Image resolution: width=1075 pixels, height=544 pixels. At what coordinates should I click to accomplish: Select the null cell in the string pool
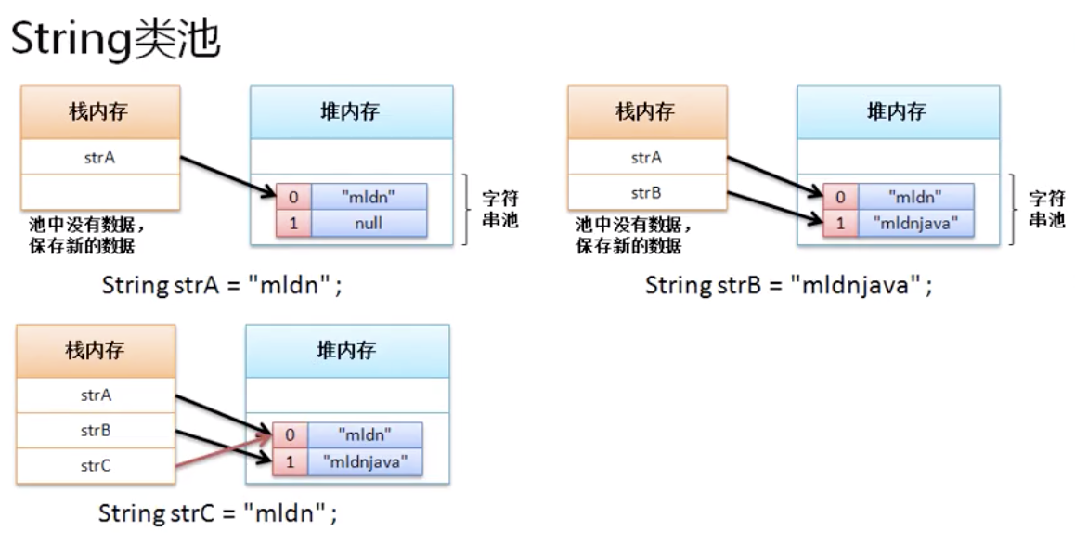[x=369, y=223]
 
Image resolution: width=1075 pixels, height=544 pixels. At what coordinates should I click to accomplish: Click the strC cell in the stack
[x=96, y=466]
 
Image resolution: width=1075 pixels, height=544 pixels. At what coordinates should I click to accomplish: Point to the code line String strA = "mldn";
[x=223, y=284]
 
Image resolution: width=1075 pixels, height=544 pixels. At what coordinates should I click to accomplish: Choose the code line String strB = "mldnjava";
[x=788, y=284]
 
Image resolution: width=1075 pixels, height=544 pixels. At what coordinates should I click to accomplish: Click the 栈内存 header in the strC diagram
[x=96, y=350]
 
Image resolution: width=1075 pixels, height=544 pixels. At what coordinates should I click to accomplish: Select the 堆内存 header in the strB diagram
[x=898, y=112]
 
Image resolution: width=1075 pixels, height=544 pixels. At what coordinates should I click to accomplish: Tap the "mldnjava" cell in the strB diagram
[x=916, y=223]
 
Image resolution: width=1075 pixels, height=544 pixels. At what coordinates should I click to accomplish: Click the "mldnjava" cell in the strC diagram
[x=365, y=460]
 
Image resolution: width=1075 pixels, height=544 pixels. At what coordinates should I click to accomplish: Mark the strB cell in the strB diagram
[x=646, y=193]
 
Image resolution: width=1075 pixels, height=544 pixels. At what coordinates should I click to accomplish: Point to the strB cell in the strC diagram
[x=96, y=431]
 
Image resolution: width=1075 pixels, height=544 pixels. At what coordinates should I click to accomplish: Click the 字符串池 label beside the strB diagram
[x=1047, y=210]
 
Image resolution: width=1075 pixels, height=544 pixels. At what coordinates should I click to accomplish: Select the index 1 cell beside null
[x=293, y=223]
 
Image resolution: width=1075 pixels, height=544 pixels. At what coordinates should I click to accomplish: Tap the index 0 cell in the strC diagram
[x=290, y=434]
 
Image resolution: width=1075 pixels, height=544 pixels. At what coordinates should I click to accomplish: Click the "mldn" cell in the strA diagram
[x=369, y=197]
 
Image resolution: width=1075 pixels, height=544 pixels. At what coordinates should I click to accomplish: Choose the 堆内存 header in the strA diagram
[x=351, y=112]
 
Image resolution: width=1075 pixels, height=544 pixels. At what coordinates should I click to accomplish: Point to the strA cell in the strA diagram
[x=99, y=158]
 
